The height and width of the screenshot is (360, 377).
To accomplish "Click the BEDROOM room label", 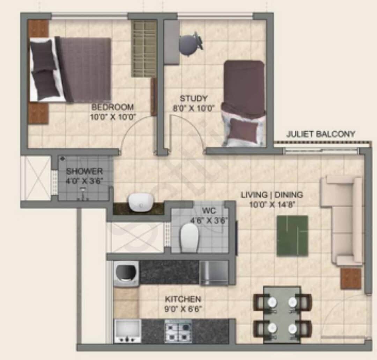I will pyautogui.click(x=112, y=107).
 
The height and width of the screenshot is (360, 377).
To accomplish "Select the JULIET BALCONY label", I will pyautogui.click(x=321, y=134).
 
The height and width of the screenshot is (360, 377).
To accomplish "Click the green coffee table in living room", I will pyautogui.click(x=293, y=236).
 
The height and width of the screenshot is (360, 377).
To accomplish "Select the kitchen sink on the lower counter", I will pyautogui.click(x=128, y=330).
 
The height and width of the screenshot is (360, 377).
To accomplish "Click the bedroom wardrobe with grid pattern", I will pyautogui.click(x=144, y=49).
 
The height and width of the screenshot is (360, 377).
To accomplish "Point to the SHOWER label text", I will pyautogui.click(x=84, y=171).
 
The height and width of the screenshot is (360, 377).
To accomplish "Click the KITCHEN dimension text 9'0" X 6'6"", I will pyautogui.click(x=183, y=309).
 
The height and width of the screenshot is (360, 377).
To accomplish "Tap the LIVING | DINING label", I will pyautogui.click(x=272, y=195).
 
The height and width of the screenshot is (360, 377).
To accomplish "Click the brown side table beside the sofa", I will pyautogui.click(x=350, y=278).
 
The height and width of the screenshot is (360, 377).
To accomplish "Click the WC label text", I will pyautogui.click(x=208, y=211).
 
